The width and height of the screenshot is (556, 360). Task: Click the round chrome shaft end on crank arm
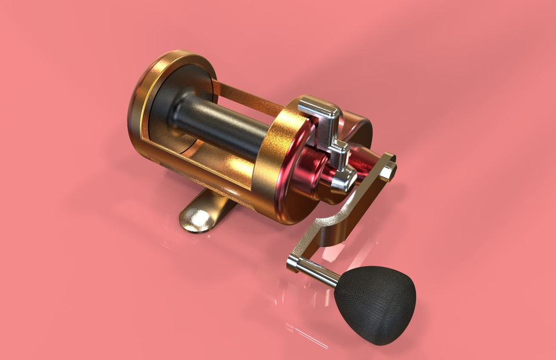pos(293,264)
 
